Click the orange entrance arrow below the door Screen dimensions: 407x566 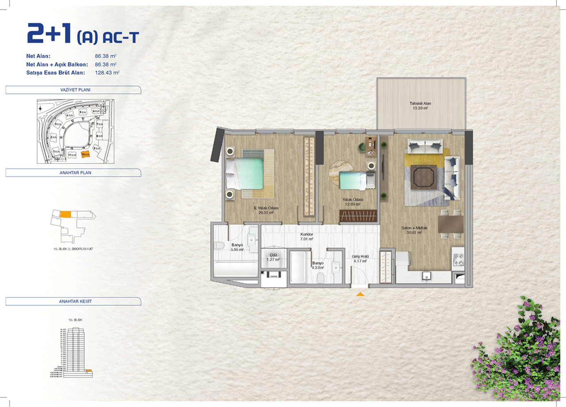[360, 294]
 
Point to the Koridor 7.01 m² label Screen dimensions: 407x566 [306, 236]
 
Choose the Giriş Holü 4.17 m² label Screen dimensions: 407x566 [359, 258]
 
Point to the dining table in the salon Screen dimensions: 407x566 [451, 224]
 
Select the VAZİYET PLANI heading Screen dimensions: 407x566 [73, 90]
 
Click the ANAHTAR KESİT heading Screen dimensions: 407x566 [73, 301]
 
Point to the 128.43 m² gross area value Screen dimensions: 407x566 [107, 72]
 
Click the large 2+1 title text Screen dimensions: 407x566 [50, 34]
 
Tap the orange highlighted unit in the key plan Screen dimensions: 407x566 [65, 214]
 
